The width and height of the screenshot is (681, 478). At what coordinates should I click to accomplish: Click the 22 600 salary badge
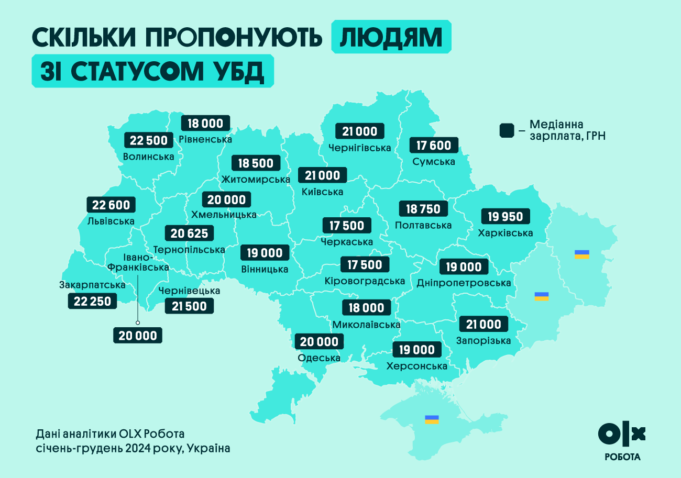click(x=111, y=205)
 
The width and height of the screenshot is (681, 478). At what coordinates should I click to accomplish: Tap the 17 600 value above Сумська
click(x=434, y=145)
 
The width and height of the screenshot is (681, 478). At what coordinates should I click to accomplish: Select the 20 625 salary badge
click(x=189, y=234)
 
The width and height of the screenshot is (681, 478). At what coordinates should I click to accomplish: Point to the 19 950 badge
click(x=506, y=216)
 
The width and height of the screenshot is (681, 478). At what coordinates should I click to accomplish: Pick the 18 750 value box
click(x=423, y=209)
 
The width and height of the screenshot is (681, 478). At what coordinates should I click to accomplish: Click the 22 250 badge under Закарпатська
click(x=93, y=301)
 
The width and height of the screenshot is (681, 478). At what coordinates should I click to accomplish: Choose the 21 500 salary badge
click(x=189, y=306)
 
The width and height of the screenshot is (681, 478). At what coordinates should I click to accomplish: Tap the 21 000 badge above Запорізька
click(x=484, y=325)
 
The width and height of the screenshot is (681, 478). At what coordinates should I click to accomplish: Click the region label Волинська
click(x=148, y=157)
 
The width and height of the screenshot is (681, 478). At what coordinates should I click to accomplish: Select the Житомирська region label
click(x=256, y=180)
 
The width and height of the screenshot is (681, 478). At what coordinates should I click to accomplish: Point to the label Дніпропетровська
click(x=464, y=283)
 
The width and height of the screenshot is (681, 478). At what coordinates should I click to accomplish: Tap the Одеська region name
click(x=319, y=358)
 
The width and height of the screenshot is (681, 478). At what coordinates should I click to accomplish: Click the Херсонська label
click(x=416, y=366)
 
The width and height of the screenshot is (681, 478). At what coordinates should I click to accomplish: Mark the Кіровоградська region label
click(x=365, y=281)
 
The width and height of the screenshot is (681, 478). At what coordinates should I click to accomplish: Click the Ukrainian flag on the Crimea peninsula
click(x=432, y=419)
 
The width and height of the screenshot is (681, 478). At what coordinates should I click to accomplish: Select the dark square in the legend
click(x=507, y=130)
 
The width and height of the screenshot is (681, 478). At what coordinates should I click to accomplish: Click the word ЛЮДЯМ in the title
click(x=391, y=37)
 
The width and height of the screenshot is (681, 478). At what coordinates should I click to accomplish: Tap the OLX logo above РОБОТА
click(x=622, y=433)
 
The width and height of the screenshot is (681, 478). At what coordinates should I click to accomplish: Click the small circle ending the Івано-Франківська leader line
click(x=138, y=323)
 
